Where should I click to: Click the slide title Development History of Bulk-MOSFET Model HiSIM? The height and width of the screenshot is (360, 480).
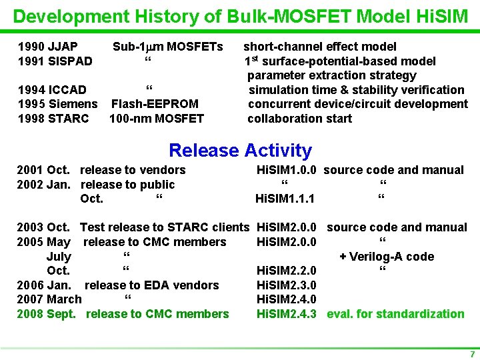coord(240,15)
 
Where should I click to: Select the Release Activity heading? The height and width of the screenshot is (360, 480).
coord(240,151)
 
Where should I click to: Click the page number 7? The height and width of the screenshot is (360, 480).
coord(472,353)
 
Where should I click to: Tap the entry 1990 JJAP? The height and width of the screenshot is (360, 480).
coord(47,47)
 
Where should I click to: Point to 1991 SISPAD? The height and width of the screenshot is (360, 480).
coord(55,61)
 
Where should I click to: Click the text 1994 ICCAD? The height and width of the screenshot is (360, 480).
coord(51,90)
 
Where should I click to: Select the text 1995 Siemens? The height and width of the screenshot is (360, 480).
coord(57,104)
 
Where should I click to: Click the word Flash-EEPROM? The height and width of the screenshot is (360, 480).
coord(155,104)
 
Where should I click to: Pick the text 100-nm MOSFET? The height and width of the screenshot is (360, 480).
coord(156,119)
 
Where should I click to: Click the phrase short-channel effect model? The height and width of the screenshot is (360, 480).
coord(320,47)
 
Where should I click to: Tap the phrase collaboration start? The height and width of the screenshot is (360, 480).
coord(299,119)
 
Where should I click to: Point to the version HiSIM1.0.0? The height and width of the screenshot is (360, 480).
coord(286,170)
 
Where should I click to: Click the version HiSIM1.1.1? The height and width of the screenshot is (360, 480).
coord(285,199)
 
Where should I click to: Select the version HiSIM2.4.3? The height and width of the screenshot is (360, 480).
coord(286,314)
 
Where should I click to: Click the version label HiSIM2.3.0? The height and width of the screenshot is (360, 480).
coord(286,285)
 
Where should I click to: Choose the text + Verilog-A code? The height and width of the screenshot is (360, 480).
coord(387,257)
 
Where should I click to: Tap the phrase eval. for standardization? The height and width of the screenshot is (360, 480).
coord(395,314)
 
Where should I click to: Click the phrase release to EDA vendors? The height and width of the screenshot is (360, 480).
coord(151,285)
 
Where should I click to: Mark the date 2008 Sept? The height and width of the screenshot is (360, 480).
coord(47,314)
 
